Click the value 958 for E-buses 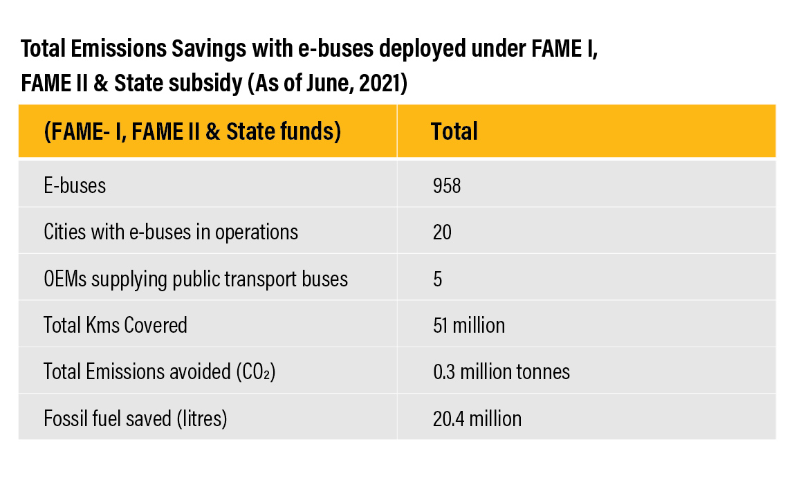446,185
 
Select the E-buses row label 75,185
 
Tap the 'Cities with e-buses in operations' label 171,232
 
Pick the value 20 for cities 442,232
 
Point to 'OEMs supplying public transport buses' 196,279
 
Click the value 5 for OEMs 437,279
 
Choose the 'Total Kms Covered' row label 116,325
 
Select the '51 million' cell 468,325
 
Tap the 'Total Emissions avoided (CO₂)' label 160,372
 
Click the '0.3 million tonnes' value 501,372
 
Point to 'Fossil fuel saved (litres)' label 136,419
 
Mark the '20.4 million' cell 477,419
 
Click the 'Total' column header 454,131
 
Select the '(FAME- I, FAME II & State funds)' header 192,131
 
